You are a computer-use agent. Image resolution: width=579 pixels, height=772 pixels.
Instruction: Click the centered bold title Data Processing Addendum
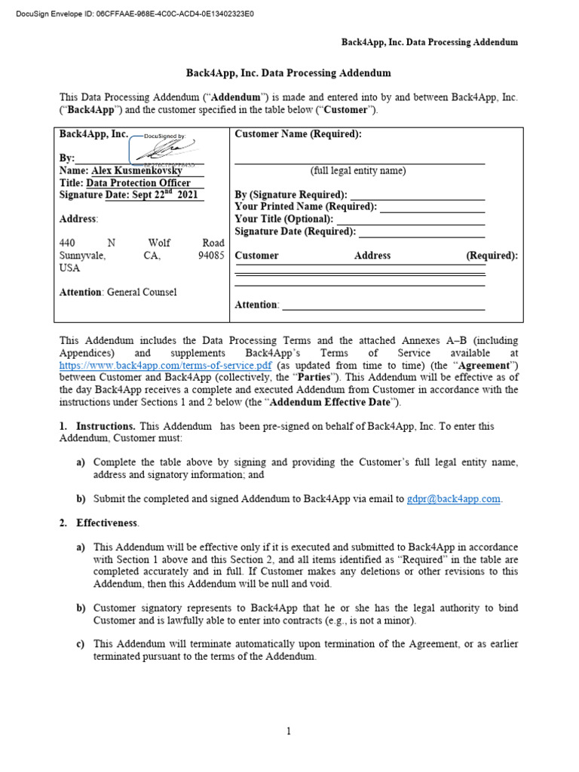[x=289, y=73]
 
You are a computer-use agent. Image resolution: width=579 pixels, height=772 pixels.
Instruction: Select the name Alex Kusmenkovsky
[x=137, y=170]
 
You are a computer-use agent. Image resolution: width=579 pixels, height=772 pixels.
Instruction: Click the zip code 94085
[x=211, y=256]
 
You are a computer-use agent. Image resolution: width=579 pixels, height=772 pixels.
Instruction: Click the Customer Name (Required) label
[x=298, y=134]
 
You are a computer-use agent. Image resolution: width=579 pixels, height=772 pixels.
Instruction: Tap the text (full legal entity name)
[x=358, y=170]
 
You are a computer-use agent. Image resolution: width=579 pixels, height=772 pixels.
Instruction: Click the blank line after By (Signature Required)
[x=418, y=195]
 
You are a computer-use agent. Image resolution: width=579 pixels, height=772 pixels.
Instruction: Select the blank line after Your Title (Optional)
[x=410, y=219]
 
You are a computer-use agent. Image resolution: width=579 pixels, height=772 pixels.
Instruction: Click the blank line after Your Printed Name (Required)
[x=432, y=207]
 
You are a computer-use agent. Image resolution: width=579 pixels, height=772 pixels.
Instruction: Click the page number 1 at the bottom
[x=289, y=731]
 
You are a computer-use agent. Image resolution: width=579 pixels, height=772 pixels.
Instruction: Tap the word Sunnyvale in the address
[x=82, y=256]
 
